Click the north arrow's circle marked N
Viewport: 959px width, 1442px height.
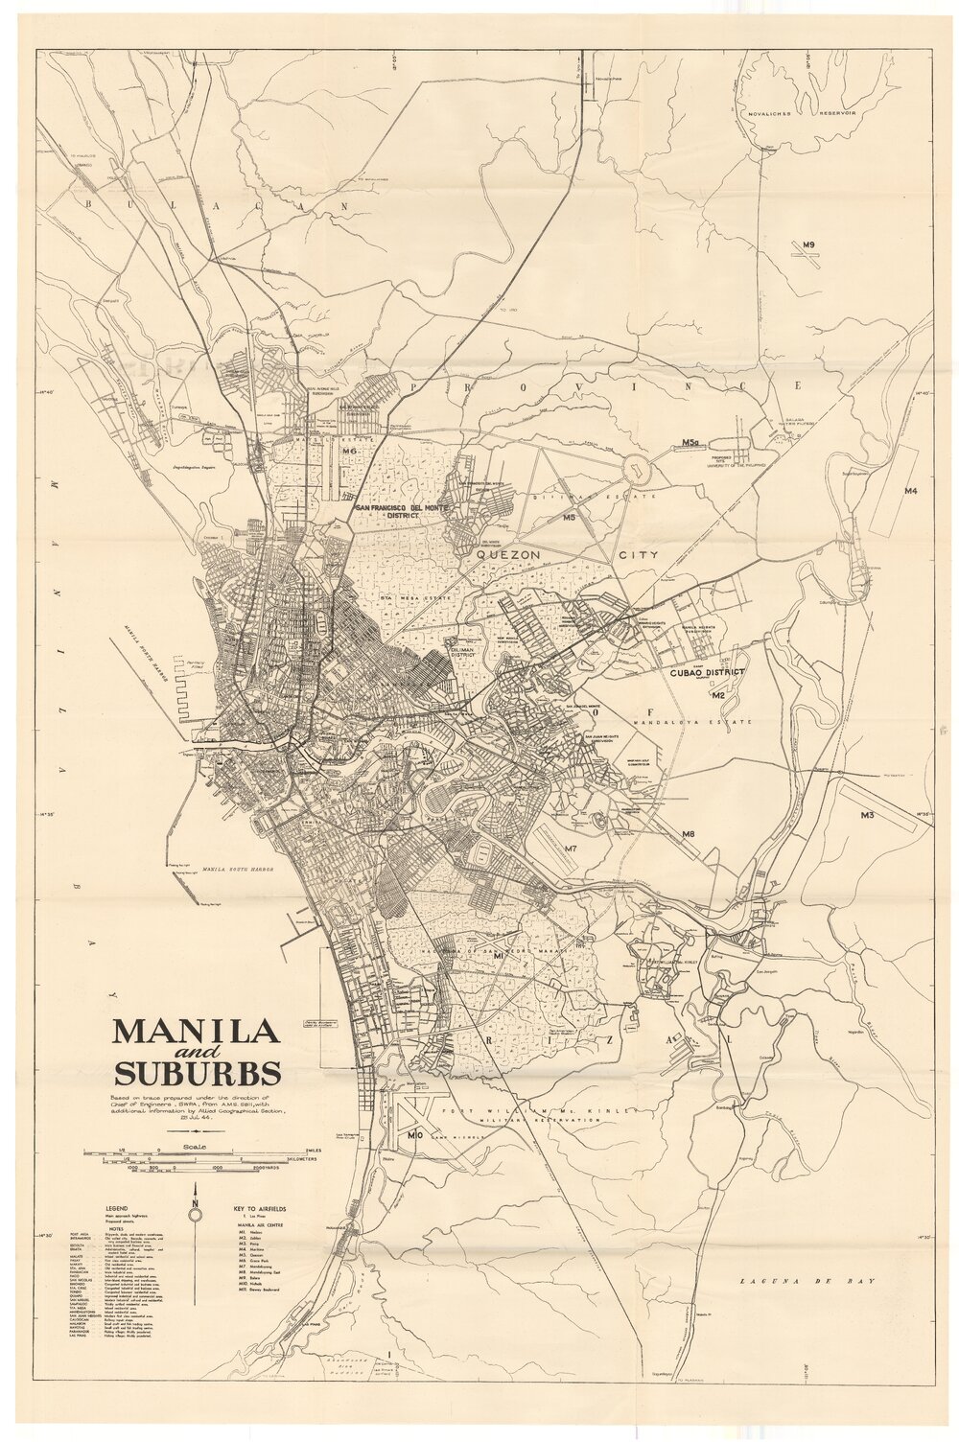(196, 1215)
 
